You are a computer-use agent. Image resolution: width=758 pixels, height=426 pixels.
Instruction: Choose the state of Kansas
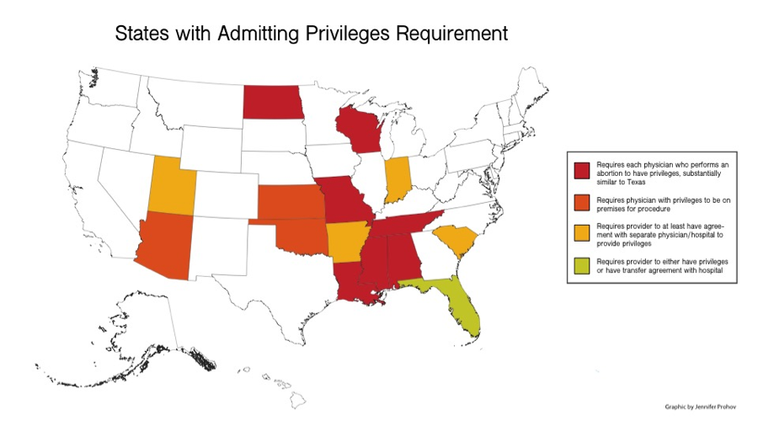pos(286,202)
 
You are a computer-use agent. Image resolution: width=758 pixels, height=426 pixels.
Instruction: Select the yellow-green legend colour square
pos(580,268)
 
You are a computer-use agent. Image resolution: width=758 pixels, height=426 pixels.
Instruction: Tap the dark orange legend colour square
pos(580,202)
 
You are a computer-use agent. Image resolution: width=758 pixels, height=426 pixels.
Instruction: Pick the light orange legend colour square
pos(580,235)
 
